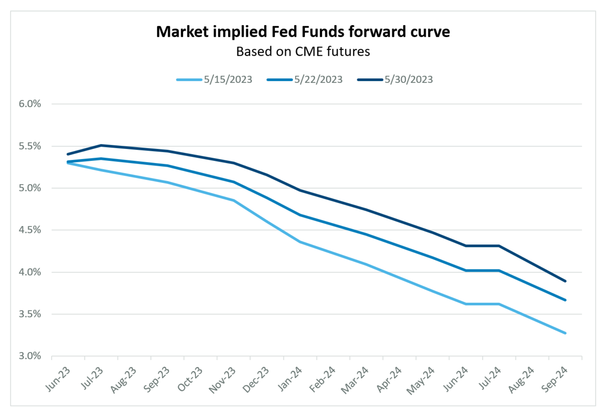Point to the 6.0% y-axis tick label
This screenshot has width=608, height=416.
30,104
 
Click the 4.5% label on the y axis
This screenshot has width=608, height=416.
30,230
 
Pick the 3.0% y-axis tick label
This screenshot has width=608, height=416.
30,356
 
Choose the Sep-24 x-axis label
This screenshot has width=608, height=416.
554,379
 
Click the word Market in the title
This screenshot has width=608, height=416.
182,32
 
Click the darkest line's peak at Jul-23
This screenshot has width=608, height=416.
101,145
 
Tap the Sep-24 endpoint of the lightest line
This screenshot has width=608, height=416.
565,333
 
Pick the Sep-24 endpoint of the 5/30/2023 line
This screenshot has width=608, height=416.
565,281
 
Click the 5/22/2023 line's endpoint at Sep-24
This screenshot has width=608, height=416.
565,300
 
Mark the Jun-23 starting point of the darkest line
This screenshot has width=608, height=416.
68,154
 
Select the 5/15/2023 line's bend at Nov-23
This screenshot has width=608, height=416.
234,200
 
